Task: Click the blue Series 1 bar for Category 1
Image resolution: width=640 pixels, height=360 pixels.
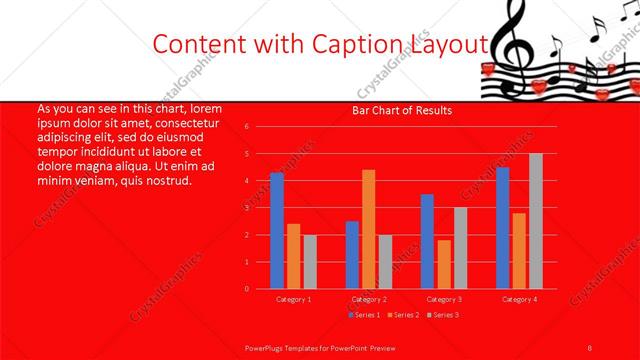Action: [276, 231]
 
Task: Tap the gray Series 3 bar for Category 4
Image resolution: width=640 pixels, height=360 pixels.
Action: [535, 221]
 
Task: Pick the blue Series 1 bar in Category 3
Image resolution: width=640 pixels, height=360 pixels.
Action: [427, 241]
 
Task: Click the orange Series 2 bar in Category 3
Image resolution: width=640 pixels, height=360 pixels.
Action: [443, 264]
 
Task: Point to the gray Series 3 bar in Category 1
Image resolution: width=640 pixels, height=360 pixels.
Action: [309, 262]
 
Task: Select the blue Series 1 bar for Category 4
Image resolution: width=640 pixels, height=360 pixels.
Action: [502, 228]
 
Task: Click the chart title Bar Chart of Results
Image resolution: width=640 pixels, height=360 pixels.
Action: [402, 110]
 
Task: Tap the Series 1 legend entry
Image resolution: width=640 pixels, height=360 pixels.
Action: [364, 315]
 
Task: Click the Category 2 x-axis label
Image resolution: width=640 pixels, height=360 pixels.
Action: [368, 299]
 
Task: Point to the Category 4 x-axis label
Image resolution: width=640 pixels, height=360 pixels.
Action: [518, 299]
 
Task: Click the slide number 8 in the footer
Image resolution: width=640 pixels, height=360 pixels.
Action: [591, 346]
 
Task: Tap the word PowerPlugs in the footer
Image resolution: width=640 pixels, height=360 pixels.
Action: [264, 346]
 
